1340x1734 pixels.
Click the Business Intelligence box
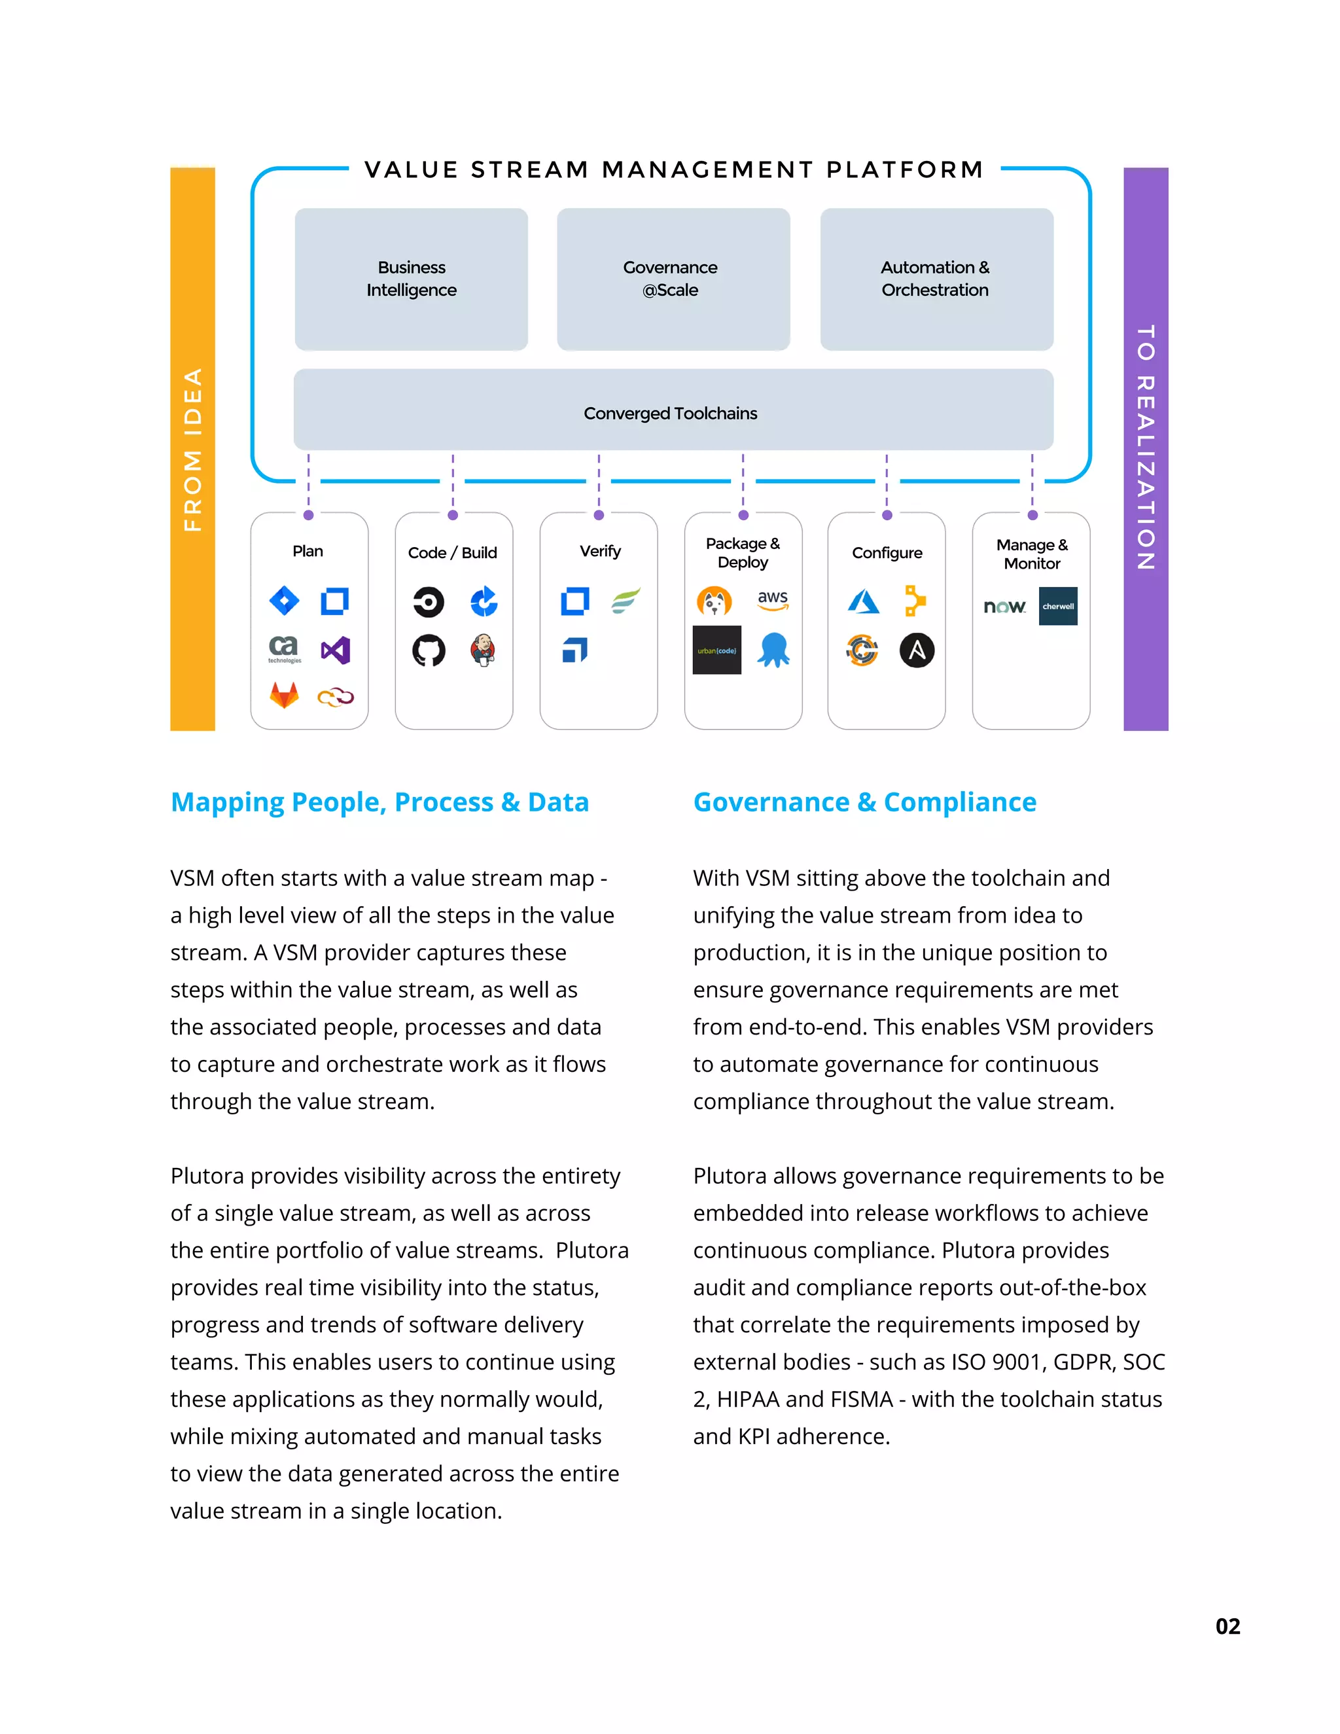(411, 279)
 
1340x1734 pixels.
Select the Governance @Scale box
(673, 279)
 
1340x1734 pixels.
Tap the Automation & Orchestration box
(936, 279)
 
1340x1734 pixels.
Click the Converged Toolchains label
(671, 414)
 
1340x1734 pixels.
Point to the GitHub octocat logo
(429, 651)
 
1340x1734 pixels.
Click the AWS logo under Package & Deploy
(773, 600)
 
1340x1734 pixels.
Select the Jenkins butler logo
(483, 650)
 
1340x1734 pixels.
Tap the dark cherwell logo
(1057, 607)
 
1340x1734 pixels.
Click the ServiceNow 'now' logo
(1004, 607)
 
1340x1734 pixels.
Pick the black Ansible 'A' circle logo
(916, 651)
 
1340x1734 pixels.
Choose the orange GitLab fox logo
(284, 696)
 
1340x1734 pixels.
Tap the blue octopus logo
(773, 650)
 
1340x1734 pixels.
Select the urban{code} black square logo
(717, 650)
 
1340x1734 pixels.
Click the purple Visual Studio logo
(335, 651)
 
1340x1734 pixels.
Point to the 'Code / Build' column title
(453, 553)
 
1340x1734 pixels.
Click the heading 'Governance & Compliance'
(864, 802)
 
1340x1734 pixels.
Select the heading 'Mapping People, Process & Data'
(379, 802)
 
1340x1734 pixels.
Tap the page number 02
(1227, 1627)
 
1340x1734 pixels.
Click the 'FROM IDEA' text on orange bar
(193, 450)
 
